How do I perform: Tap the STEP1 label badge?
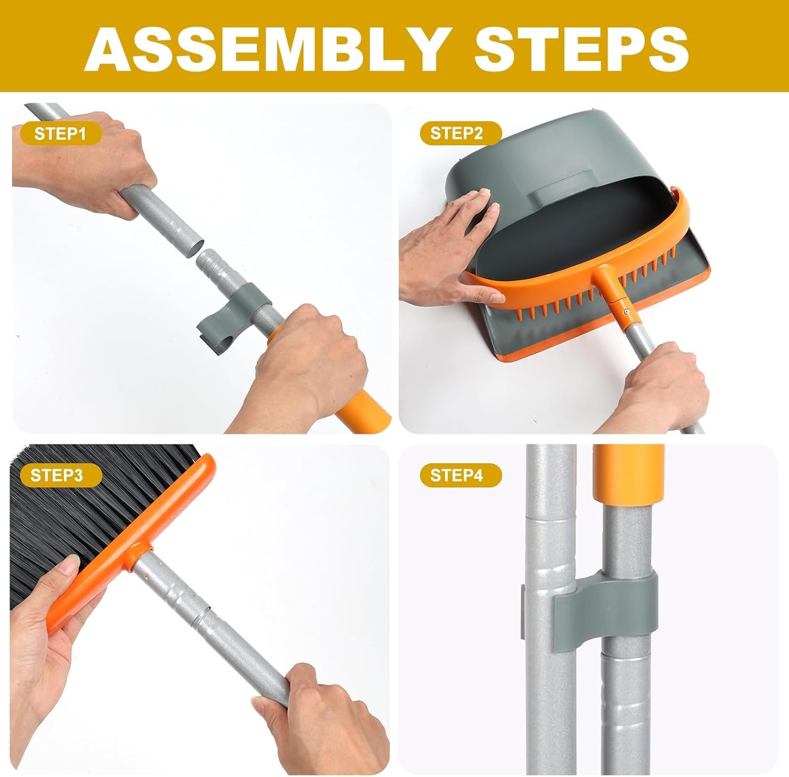(x=60, y=134)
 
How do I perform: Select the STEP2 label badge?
(x=456, y=134)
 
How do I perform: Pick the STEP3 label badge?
(x=57, y=475)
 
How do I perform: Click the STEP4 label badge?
(x=456, y=475)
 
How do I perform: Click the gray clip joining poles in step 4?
(x=605, y=600)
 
